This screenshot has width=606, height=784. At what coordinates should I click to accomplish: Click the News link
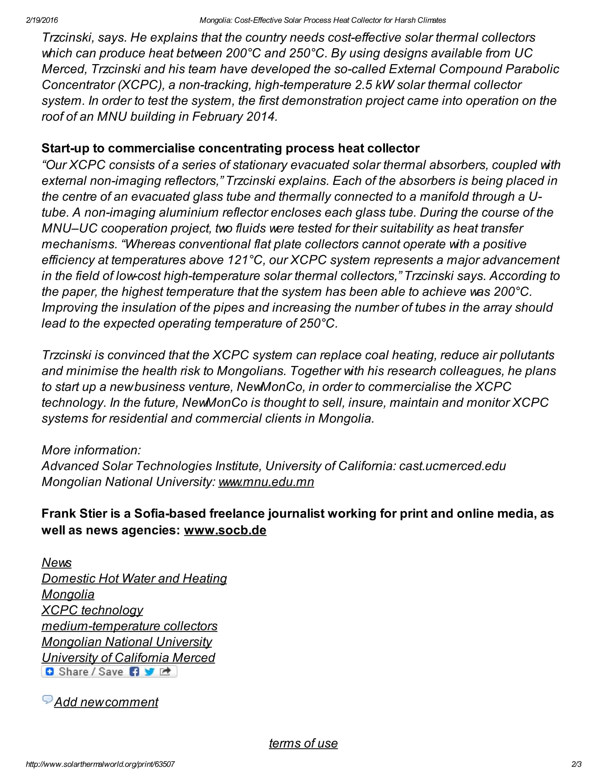56,562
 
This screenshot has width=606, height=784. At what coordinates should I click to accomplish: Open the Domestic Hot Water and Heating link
134,578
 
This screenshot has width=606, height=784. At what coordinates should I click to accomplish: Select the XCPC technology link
92,610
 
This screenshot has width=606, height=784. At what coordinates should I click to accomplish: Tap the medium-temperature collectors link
129,626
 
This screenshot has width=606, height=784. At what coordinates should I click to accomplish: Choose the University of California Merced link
128,657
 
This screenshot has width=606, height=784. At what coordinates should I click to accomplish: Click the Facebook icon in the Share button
134,672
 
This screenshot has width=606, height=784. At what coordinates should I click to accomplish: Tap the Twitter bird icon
149,672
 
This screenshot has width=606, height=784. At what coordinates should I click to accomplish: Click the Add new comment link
106,702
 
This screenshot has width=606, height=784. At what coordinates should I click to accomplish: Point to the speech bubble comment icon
47,699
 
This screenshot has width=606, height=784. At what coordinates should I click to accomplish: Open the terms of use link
303,743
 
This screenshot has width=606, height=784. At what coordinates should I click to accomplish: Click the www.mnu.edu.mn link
266,482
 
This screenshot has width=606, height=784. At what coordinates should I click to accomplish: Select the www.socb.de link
225,530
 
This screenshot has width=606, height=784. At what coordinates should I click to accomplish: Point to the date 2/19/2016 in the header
42,20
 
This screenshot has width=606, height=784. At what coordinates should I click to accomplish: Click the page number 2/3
576,764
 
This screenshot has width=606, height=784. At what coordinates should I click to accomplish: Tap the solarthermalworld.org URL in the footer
100,764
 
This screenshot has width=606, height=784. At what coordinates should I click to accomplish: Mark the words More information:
91,450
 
